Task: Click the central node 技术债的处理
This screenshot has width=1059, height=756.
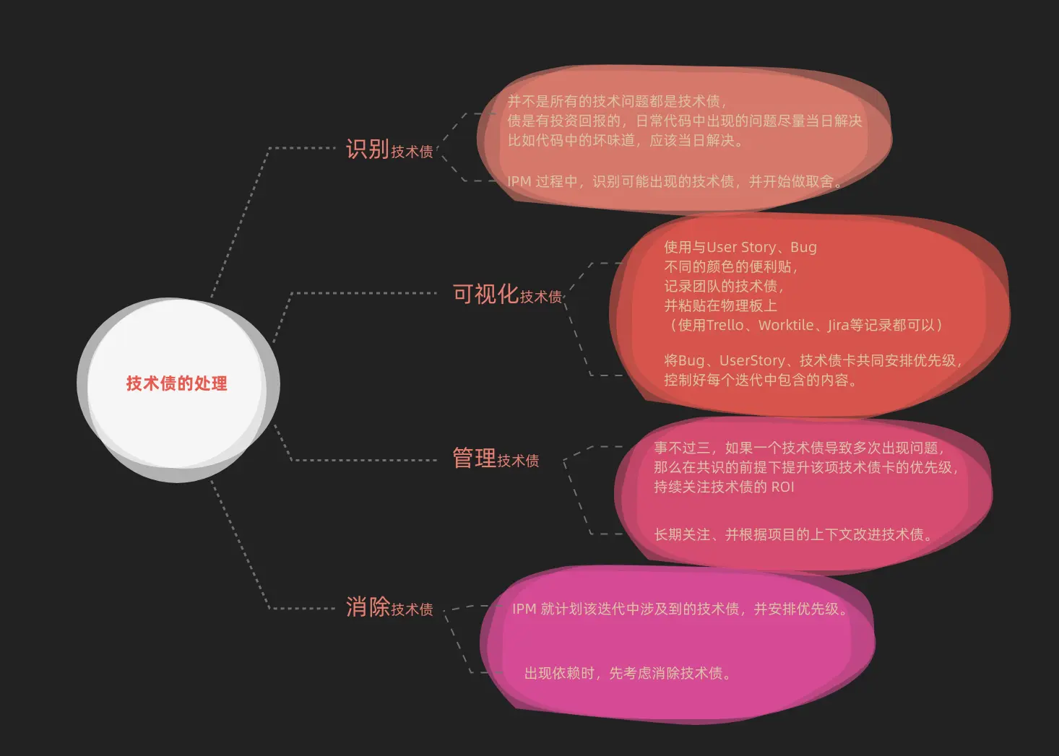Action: [176, 383]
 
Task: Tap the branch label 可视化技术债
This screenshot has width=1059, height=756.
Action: [506, 295]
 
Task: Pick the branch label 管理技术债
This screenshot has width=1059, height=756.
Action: [495, 459]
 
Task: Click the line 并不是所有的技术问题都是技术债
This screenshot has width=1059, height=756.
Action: [616, 102]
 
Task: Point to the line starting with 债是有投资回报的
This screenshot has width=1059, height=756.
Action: [684, 121]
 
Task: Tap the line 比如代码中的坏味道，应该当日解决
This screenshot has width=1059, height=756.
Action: [625, 141]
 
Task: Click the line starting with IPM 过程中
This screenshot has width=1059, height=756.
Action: [675, 182]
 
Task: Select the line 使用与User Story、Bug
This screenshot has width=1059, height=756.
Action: [740, 248]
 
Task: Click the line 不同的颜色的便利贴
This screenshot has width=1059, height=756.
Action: [730, 267]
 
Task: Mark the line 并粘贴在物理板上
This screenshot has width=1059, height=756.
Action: [720, 306]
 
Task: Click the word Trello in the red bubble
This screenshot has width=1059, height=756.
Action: [725, 326]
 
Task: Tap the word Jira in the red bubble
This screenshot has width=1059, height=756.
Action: [838, 326]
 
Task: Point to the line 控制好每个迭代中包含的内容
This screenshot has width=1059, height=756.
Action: [760, 381]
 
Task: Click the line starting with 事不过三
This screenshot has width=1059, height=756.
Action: [798, 448]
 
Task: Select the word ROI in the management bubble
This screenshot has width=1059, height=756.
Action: [782, 487]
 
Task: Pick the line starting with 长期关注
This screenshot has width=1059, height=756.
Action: [792, 535]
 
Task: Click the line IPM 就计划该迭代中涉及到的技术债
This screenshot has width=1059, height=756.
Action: [679, 609]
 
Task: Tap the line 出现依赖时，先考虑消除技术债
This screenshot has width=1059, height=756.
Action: [627, 674]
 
